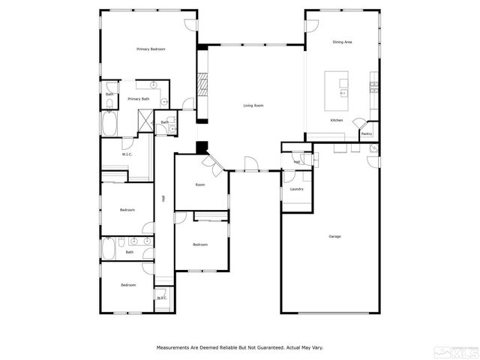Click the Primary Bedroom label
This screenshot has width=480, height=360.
[151, 49]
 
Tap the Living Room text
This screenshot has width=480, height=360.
[253, 106]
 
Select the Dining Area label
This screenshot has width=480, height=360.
[343, 43]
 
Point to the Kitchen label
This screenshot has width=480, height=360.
[337, 120]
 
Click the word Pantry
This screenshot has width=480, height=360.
[367, 134]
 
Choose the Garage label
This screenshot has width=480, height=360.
[334, 237]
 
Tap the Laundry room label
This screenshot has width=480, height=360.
[296, 189]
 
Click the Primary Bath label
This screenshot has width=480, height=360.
[138, 99]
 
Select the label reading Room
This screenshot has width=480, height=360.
[200, 184]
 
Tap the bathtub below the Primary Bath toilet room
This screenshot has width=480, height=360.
[109, 124]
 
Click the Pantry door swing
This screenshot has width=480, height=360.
[361, 124]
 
